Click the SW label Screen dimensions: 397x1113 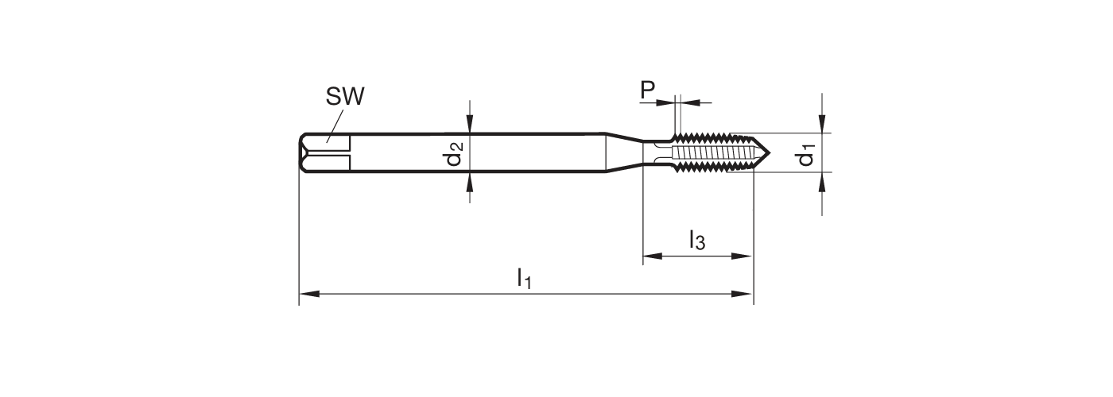pyautogui.click(x=345, y=98)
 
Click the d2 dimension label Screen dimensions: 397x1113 pyautogui.click(x=454, y=152)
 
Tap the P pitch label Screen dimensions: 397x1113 pyautogui.click(x=649, y=91)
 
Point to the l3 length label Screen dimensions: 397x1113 pyautogui.click(x=696, y=239)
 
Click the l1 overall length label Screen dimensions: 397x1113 pyautogui.click(x=524, y=279)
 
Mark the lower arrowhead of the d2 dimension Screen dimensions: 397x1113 pyautogui.click(x=471, y=182)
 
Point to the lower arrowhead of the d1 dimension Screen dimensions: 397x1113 pyautogui.click(x=822, y=182)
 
